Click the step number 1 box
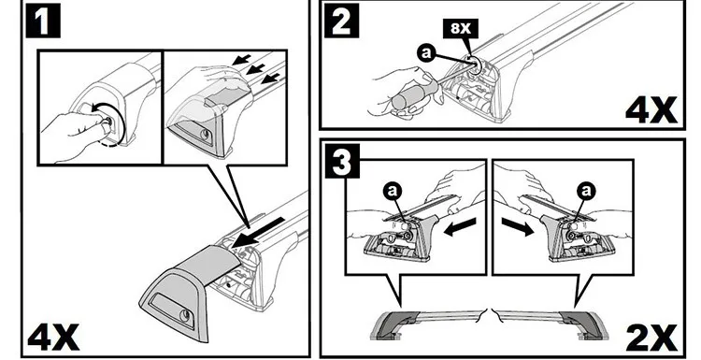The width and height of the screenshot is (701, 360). tap(43, 21)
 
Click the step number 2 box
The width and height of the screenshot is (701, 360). tap(341, 21)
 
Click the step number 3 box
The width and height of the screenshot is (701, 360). tap(342, 161)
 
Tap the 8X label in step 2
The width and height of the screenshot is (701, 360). tap(461, 29)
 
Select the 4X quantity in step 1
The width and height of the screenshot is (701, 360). tap(53, 338)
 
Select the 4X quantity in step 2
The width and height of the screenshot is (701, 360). tap(651, 110)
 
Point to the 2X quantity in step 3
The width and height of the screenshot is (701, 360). tap(651, 338)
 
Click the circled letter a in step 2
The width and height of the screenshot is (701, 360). tap(426, 53)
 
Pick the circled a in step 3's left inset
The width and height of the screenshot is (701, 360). tap(392, 192)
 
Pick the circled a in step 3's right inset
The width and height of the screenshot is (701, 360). tap(586, 192)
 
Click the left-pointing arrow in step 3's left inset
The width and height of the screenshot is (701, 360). tap(460, 226)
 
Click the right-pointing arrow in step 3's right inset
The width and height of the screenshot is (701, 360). tap(518, 226)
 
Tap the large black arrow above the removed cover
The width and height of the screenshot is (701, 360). tap(258, 233)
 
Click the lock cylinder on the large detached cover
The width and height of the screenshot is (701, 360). tap(185, 316)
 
